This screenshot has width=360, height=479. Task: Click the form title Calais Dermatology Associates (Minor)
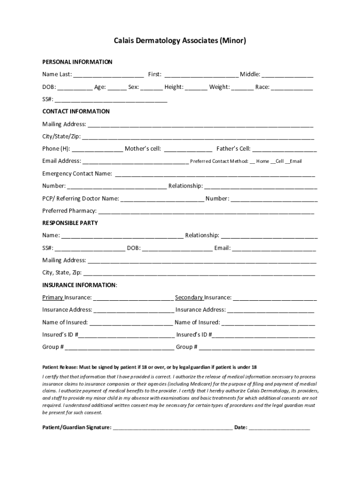(x=180, y=41)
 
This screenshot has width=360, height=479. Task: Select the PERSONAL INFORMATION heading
(x=77, y=62)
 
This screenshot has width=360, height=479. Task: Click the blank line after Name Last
(x=108, y=75)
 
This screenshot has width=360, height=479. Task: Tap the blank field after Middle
(x=288, y=75)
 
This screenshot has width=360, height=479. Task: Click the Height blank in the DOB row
(x=196, y=88)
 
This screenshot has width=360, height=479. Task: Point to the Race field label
(x=262, y=87)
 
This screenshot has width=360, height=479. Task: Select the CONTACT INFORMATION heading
(x=76, y=111)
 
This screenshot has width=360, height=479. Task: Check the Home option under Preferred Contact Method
(x=252, y=161)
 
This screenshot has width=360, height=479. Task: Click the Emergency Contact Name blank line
(x=215, y=175)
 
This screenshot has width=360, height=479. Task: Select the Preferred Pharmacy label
(x=69, y=210)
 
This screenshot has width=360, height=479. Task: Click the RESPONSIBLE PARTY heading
(x=70, y=223)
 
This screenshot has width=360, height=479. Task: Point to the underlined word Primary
(x=53, y=298)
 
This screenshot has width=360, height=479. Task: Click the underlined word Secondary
(x=189, y=298)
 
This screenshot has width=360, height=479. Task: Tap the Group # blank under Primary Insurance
(x=120, y=348)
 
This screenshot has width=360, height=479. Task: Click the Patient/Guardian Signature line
(x=173, y=428)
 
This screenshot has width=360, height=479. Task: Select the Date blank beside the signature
(x=279, y=428)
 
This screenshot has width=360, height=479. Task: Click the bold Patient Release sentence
(x=149, y=367)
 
